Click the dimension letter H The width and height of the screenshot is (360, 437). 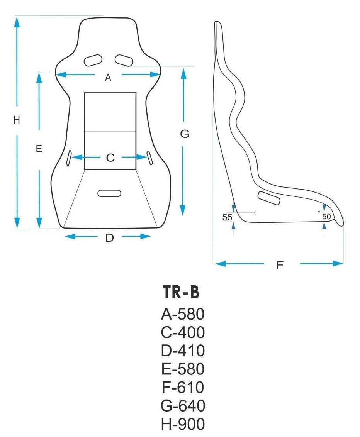(16, 120)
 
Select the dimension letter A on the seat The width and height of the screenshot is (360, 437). (108, 78)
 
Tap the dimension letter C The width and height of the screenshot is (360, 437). (110, 158)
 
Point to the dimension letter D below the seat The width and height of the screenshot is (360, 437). (110, 238)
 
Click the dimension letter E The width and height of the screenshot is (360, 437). (39, 149)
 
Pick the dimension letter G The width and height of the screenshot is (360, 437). (185, 134)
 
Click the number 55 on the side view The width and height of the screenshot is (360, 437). (228, 217)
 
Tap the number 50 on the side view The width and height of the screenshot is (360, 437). (326, 217)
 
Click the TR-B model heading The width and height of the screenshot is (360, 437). (181, 293)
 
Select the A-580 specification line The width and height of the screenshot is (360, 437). (182, 315)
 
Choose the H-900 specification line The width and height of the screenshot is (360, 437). (182, 424)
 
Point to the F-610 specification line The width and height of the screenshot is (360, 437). (182, 388)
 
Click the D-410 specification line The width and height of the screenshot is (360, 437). (182, 351)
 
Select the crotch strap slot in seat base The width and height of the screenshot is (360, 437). (109, 193)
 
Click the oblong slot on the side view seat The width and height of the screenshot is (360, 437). (269, 198)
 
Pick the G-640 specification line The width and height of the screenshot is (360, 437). (182, 406)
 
